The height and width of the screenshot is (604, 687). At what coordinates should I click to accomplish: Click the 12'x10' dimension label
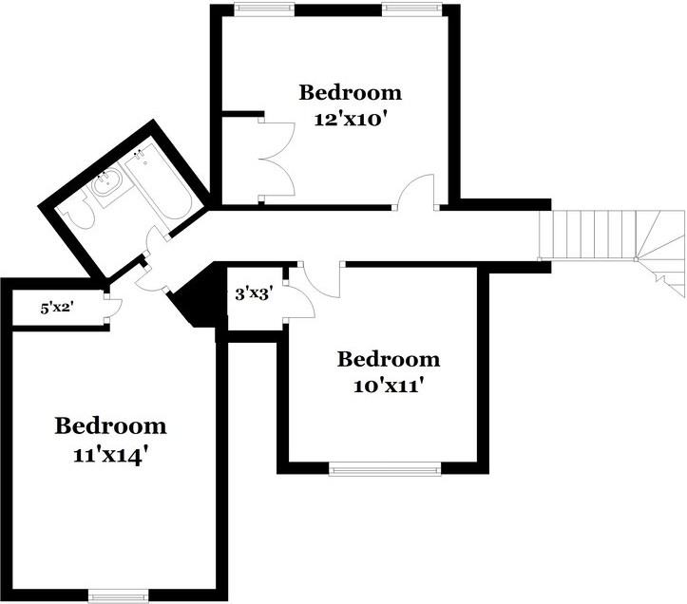point(352,119)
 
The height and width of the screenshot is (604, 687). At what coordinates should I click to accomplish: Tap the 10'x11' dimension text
point(390,386)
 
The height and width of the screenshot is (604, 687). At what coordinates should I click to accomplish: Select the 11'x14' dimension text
point(109,456)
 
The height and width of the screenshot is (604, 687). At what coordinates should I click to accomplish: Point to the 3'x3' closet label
point(254,294)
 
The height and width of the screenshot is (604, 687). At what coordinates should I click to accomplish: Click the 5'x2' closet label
point(56,309)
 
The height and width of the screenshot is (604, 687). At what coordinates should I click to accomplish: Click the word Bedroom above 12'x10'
point(351,92)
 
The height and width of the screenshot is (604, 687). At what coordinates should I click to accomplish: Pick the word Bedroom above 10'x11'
point(389,359)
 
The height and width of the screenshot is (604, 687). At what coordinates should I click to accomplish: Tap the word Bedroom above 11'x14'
point(110,425)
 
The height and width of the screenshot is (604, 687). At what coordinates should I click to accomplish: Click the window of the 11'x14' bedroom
point(118,595)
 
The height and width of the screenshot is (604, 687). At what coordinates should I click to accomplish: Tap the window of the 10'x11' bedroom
point(385,469)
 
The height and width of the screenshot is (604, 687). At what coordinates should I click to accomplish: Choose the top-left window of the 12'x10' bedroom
point(264,9)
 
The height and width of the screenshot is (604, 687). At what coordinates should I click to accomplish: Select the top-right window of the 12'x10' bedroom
point(410,9)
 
